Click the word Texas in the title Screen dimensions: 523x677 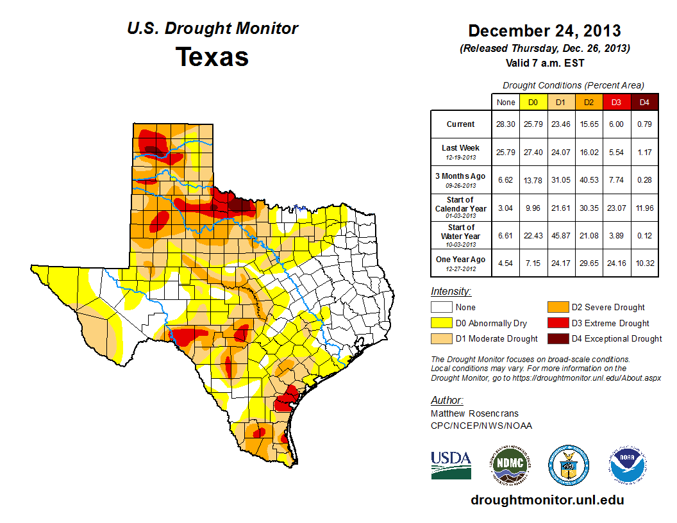(x=212, y=57)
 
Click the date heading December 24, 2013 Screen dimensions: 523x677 (x=544, y=31)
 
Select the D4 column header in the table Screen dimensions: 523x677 (x=644, y=102)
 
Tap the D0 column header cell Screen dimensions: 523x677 (x=533, y=102)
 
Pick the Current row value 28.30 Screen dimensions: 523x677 (x=505, y=124)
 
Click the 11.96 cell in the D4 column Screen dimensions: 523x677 (x=644, y=208)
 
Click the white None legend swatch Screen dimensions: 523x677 (x=442, y=308)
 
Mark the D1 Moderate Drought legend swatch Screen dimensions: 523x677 (x=442, y=338)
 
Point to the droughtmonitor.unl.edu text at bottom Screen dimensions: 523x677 (x=547, y=500)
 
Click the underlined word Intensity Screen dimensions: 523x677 (x=451, y=292)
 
